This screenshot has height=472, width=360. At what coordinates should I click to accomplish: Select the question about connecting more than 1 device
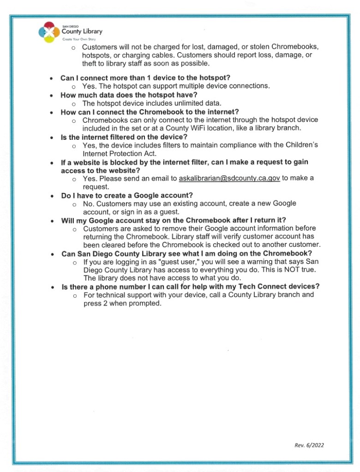(145, 78)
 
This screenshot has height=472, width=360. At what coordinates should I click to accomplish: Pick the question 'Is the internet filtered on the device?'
(124, 137)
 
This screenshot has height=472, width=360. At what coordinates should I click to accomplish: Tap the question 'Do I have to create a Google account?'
(127, 195)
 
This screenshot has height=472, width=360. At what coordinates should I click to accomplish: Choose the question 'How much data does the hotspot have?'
(129, 95)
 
